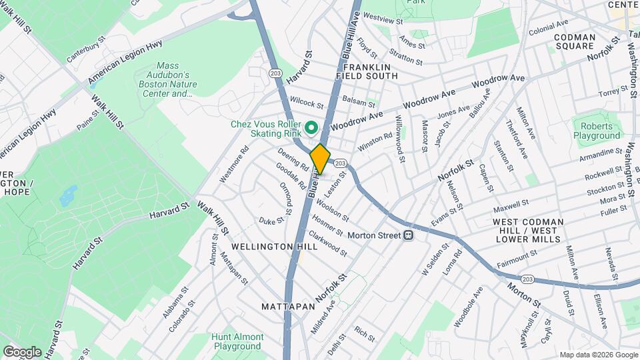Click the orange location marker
coord(321,159)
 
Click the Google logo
coord(22,351)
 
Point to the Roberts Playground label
coord(597,131)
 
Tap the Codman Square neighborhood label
coord(573,41)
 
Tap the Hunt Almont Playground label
coord(237,342)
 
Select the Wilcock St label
coord(307,104)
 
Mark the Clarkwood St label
coord(327,243)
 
